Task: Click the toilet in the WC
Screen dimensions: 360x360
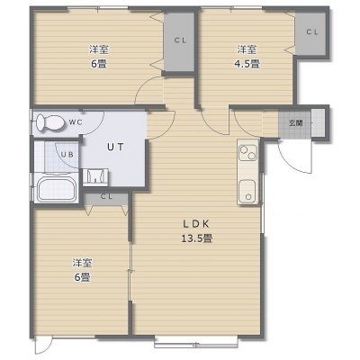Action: tap(49, 122)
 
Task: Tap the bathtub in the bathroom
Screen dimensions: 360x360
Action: tap(56, 189)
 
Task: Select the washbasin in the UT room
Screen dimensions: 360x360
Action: tap(95, 176)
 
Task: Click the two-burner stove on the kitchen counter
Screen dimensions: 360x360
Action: tap(247, 152)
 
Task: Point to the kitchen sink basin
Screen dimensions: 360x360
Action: tap(247, 192)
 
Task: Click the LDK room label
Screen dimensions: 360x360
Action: tap(196, 224)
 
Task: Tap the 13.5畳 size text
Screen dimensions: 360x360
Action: tap(197, 238)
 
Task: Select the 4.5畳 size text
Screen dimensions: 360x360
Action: tap(247, 64)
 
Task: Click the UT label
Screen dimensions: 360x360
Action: tap(115, 147)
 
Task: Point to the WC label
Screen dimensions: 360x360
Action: tap(76, 122)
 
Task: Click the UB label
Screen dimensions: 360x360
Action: tap(67, 155)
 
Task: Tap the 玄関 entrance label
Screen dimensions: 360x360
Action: tap(295, 122)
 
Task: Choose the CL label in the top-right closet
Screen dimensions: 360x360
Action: tap(312, 32)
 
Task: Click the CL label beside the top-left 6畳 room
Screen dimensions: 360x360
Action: tap(180, 40)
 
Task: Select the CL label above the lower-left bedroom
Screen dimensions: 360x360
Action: tap(106, 197)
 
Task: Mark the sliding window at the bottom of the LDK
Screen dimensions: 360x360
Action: tap(196, 342)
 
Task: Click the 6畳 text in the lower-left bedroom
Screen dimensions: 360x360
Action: tap(82, 277)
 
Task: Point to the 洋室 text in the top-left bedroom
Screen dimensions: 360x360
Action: tap(99, 49)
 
